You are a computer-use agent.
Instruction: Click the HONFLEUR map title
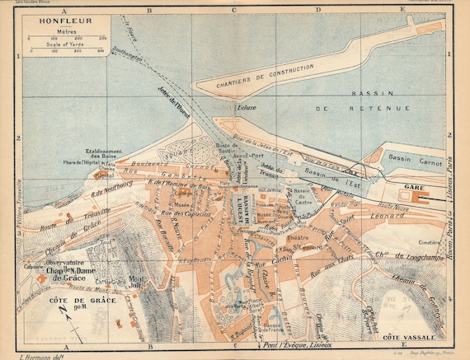(x=47, y=20)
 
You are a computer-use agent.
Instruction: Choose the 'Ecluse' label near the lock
(x=248, y=108)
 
